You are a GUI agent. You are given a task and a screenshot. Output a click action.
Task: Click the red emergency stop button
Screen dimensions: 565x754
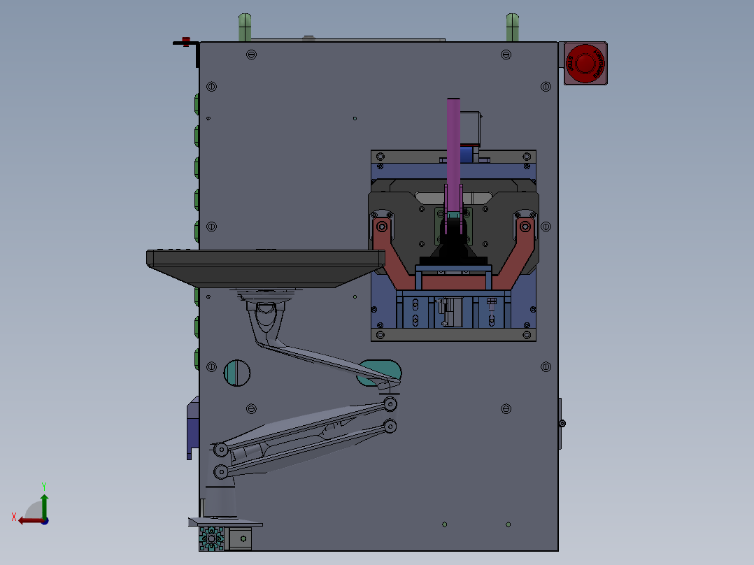(x=585, y=63)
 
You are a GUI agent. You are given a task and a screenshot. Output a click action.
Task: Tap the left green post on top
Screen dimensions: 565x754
(x=244, y=28)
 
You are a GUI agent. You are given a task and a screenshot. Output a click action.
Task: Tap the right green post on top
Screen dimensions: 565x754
(x=512, y=28)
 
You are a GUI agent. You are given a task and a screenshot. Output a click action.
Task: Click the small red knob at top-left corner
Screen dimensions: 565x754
(x=186, y=41)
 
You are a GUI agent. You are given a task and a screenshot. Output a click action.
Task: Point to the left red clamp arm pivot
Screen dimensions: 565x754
(x=382, y=227)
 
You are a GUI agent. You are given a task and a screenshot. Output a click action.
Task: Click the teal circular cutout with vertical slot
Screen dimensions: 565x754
(x=237, y=373)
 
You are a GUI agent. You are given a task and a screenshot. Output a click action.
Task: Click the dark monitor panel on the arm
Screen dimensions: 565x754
(x=266, y=267)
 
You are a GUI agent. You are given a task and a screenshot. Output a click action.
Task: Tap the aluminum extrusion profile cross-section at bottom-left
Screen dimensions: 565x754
(x=211, y=539)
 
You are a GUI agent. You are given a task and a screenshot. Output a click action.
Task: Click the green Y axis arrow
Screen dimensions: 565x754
(x=44, y=504)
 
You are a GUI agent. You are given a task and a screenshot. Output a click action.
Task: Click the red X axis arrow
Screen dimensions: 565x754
(x=28, y=520)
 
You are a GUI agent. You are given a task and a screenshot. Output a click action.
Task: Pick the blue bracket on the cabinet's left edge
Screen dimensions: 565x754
(x=192, y=427)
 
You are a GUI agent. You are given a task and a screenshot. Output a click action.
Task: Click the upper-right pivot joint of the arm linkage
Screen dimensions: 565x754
(x=390, y=404)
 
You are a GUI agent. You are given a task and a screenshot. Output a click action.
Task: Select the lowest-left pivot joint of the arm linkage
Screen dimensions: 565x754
(x=220, y=473)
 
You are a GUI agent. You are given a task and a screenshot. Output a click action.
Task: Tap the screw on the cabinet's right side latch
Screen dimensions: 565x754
(x=562, y=423)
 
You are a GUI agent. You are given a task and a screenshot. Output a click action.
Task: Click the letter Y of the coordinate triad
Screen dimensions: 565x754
(x=43, y=485)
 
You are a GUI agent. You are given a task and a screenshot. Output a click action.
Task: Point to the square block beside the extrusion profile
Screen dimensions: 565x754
(x=241, y=538)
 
